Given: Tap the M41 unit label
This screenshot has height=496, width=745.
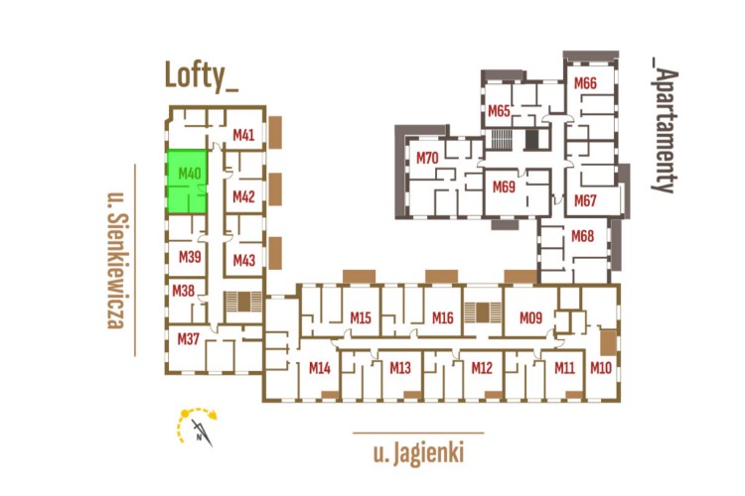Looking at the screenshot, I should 244,135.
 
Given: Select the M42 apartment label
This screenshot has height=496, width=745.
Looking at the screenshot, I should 244,196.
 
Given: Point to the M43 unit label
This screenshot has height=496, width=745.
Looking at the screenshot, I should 244,260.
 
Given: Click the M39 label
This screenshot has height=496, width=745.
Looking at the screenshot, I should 190,257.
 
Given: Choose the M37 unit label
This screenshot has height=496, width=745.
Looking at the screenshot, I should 189,339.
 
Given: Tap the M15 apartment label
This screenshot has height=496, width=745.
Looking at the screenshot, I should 361,317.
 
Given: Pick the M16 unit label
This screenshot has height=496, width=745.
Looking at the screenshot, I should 443,317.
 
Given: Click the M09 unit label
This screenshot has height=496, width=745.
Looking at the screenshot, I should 530,317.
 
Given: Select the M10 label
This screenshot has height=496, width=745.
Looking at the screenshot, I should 600,368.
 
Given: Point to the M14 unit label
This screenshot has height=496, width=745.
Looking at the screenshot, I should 319,368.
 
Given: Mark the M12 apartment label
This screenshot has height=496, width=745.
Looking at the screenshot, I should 482,368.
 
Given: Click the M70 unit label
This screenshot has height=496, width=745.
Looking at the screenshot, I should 428,158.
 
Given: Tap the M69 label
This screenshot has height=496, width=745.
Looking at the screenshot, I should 504,186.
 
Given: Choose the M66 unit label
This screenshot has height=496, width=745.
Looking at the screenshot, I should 585,82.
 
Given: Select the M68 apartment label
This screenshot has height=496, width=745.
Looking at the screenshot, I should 583,236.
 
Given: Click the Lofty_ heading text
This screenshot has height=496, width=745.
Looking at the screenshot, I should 202,76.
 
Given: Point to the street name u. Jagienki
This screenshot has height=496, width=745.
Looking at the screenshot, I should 418,454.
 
